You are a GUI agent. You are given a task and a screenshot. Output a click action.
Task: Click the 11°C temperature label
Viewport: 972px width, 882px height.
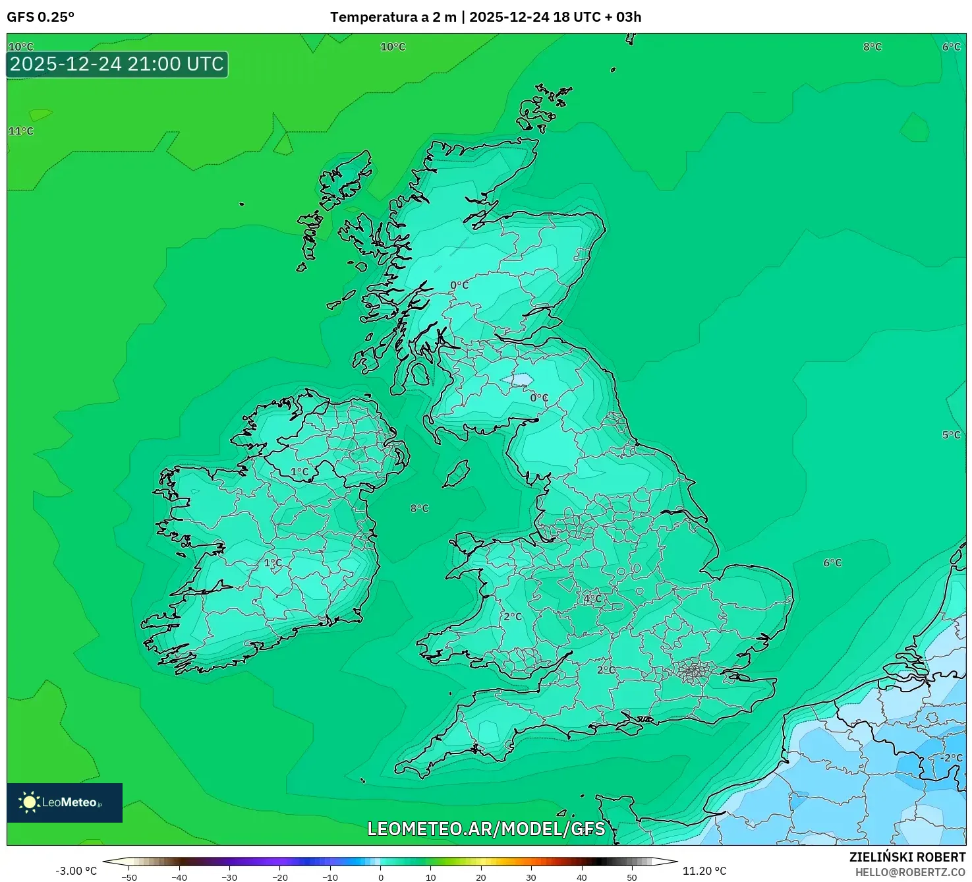coord(21,131)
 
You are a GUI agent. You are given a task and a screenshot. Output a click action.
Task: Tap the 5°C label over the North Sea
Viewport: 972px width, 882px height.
coord(951,435)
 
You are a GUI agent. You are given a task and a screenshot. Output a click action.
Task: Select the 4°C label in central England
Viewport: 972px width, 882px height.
coord(592,599)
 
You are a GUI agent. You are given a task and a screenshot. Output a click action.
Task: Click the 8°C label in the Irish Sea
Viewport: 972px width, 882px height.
coord(419,508)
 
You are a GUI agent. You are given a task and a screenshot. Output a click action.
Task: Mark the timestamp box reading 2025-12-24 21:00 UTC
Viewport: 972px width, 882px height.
coord(117,65)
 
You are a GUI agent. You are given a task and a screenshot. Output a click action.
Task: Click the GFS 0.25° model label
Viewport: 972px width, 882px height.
coord(40,17)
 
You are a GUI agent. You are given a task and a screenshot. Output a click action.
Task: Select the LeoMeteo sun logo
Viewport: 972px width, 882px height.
coord(29,802)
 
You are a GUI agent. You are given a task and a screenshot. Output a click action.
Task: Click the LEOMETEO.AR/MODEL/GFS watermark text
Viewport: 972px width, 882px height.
coord(486,829)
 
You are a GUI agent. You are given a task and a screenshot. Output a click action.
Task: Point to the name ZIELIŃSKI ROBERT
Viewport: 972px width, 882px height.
coord(907,857)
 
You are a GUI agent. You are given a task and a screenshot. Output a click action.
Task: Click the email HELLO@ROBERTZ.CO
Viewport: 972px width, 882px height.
coord(910,872)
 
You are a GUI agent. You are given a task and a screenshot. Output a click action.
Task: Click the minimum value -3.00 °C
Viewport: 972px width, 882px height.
coord(76,871)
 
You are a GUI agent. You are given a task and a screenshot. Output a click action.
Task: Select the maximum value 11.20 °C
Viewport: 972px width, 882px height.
coord(704,871)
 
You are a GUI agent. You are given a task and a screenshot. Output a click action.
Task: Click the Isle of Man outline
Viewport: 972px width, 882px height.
coord(456,474)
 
